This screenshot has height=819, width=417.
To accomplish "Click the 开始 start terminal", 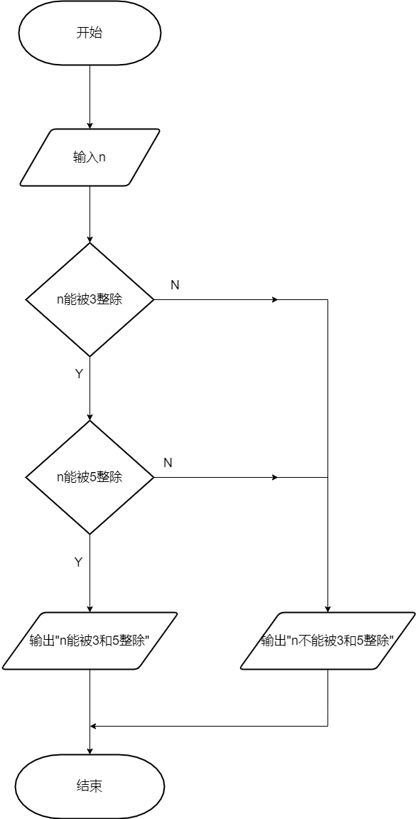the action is [x=90, y=33].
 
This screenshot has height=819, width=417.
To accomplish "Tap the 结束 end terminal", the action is [x=90, y=786].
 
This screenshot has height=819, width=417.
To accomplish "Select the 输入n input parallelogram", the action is [x=90, y=157].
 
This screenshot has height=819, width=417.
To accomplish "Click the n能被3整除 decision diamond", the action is [x=90, y=300].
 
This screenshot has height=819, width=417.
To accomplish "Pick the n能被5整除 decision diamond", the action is [x=90, y=478].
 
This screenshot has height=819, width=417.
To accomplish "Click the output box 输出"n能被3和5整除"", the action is [x=90, y=641].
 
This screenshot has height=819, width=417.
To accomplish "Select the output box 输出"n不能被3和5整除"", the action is [x=327, y=641].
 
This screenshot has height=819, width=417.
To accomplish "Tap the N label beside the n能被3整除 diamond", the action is [x=175, y=285].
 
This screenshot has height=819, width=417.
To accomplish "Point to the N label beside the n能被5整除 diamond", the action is [x=168, y=463].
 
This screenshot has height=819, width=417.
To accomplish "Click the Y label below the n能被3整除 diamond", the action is [x=79, y=374].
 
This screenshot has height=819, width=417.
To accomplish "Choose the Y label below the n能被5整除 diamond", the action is [x=78, y=562].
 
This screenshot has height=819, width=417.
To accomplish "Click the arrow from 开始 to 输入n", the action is [x=90, y=97].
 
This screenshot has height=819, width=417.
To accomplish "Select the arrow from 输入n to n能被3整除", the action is [x=90, y=214].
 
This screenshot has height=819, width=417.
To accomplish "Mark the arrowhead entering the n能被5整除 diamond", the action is [x=90, y=417].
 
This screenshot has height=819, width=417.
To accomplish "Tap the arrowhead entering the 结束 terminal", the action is [x=90, y=751].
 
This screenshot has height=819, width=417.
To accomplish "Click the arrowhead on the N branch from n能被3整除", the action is [x=275, y=300].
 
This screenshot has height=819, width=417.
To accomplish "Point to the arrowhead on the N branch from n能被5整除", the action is [x=275, y=478].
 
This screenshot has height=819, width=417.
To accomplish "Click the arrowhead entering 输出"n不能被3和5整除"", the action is [x=327, y=609].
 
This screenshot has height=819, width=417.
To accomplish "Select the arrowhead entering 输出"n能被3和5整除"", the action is [x=90, y=609].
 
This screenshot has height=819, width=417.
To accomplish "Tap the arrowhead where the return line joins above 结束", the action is [x=93, y=726].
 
